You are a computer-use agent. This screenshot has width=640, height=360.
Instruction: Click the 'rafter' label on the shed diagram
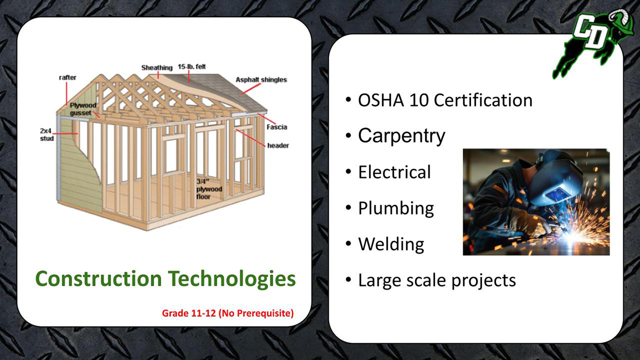[x=68, y=78]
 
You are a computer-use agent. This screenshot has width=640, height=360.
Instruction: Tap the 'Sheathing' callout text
[x=157, y=68]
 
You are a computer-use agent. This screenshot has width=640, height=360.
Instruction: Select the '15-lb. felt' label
[x=192, y=66]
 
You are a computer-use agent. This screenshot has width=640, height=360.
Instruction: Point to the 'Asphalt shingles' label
[x=261, y=80]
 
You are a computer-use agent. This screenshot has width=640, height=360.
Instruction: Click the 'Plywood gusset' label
[x=83, y=109]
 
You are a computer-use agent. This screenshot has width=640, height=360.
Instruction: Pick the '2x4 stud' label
[x=47, y=135]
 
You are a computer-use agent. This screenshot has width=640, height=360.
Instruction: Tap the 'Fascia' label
[x=277, y=127]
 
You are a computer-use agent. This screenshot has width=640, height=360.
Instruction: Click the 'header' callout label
[x=278, y=145]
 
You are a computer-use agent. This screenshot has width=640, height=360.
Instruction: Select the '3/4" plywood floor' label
[x=209, y=189]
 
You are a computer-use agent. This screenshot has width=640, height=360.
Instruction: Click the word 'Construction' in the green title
[x=99, y=279]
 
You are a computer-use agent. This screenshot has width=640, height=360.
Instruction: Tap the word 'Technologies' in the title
[x=232, y=279]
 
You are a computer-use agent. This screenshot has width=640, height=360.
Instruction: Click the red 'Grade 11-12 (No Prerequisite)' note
[x=228, y=313]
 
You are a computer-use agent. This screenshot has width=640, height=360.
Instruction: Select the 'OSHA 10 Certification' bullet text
[x=445, y=100]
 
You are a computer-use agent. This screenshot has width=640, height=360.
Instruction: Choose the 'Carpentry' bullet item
[x=402, y=136]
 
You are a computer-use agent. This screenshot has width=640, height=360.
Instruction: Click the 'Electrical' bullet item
[x=395, y=172]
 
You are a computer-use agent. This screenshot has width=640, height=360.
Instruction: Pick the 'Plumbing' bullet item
[x=396, y=208]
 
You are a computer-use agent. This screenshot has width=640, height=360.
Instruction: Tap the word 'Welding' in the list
[x=391, y=244]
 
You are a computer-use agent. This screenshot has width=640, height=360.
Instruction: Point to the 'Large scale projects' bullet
[x=437, y=280]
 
